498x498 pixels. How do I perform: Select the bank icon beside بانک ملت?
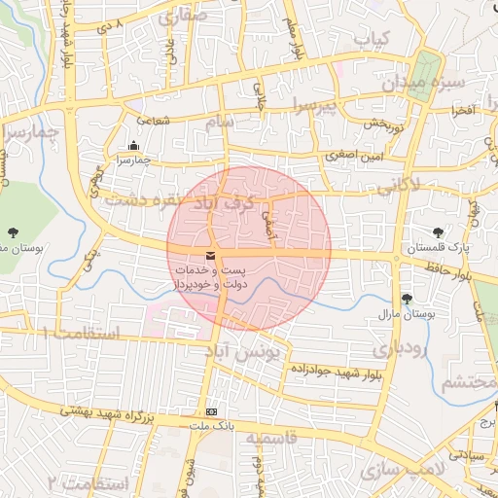tap(212, 411)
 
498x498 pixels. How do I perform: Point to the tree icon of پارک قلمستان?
tap(439, 232)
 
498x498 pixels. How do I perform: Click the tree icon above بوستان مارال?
tap(407, 299)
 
